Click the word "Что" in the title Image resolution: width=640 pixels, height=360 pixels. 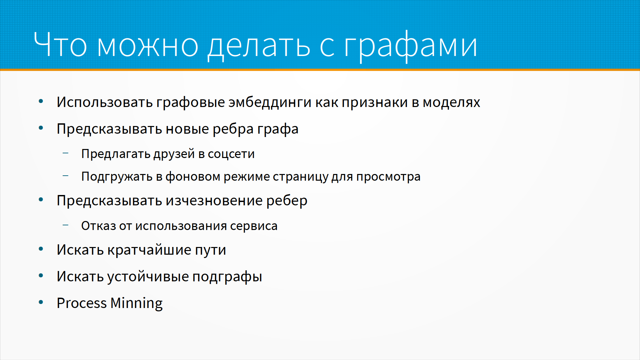(x=60, y=44)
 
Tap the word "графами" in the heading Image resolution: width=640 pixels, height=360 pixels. (x=411, y=46)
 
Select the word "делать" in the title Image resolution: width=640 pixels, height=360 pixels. (x=259, y=46)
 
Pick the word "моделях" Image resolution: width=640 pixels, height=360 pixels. (x=451, y=103)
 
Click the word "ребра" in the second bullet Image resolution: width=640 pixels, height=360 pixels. (x=233, y=129)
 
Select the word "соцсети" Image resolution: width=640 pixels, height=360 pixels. (x=231, y=154)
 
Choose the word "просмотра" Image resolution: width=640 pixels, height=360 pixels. (x=388, y=177)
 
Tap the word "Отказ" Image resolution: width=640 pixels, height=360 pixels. (x=99, y=226)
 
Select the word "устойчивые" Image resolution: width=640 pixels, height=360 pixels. (x=148, y=277)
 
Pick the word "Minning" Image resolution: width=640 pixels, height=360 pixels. (x=136, y=303)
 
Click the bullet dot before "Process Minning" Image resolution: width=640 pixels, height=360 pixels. (x=41, y=302)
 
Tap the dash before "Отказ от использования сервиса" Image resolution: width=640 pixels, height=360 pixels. (x=66, y=225)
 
